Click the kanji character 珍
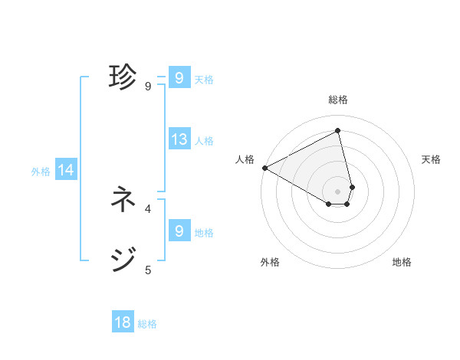point(123,77)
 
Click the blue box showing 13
point(179,139)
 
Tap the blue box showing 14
point(66,171)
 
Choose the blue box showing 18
point(123,322)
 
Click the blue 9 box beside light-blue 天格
point(179,78)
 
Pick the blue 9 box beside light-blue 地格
point(179,231)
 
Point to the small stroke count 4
point(148,208)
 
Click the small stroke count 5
point(148,269)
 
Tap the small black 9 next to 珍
point(148,86)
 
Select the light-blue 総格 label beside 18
point(147,324)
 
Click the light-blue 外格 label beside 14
point(41,172)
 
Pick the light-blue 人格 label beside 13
point(204,141)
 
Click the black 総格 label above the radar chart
point(338,100)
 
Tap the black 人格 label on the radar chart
point(245,159)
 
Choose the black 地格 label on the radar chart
point(402,262)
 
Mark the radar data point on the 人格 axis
point(264,168)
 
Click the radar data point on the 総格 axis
point(338,131)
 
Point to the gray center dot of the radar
point(338,191)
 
